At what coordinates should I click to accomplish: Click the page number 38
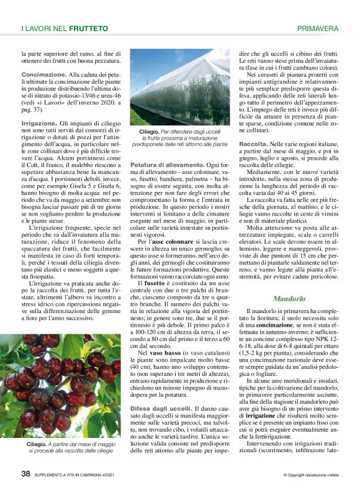pos(25,473)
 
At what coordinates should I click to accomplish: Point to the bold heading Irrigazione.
pos(39,124)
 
